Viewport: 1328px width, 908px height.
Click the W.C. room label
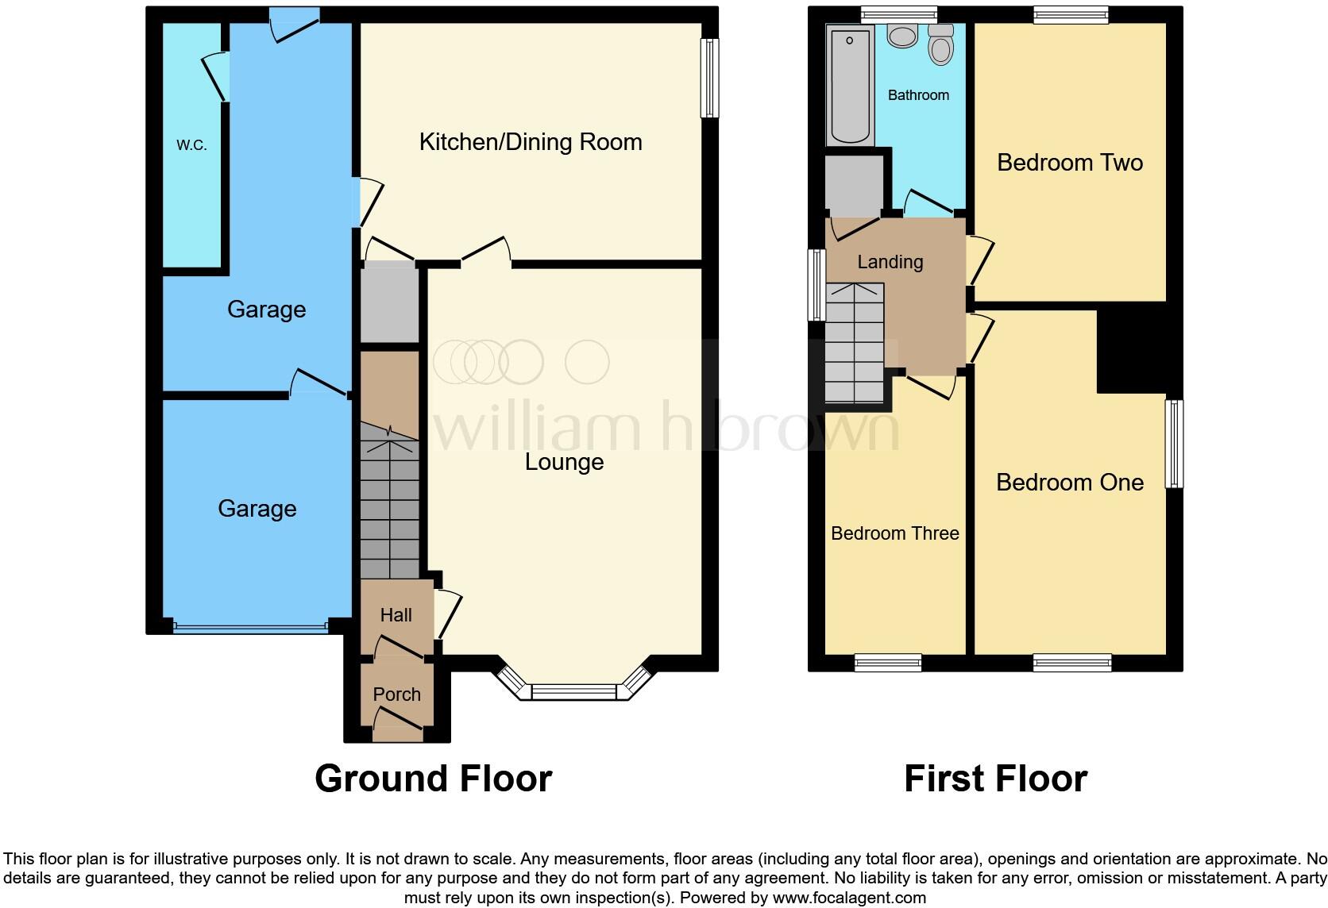point(191,145)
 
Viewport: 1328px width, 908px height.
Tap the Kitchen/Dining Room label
point(530,142)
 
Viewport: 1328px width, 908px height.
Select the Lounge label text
point(564,462)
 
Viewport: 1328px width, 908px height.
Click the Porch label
point(396,694)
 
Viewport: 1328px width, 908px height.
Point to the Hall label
point(396,615)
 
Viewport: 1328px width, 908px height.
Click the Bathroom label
point(918,95)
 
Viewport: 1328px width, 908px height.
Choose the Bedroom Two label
point(1069,163)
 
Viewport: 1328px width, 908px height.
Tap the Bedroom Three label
point(894,533)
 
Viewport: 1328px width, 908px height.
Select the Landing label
point(890,262)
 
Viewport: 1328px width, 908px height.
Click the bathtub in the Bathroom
point(849,86)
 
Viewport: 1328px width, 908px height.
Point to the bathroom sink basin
point(902,36)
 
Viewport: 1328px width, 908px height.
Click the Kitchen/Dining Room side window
point(709,79)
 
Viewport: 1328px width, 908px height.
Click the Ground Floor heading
point(433,779)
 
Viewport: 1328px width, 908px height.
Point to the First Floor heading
point(995,779)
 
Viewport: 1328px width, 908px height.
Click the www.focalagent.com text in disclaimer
point(848,898)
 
